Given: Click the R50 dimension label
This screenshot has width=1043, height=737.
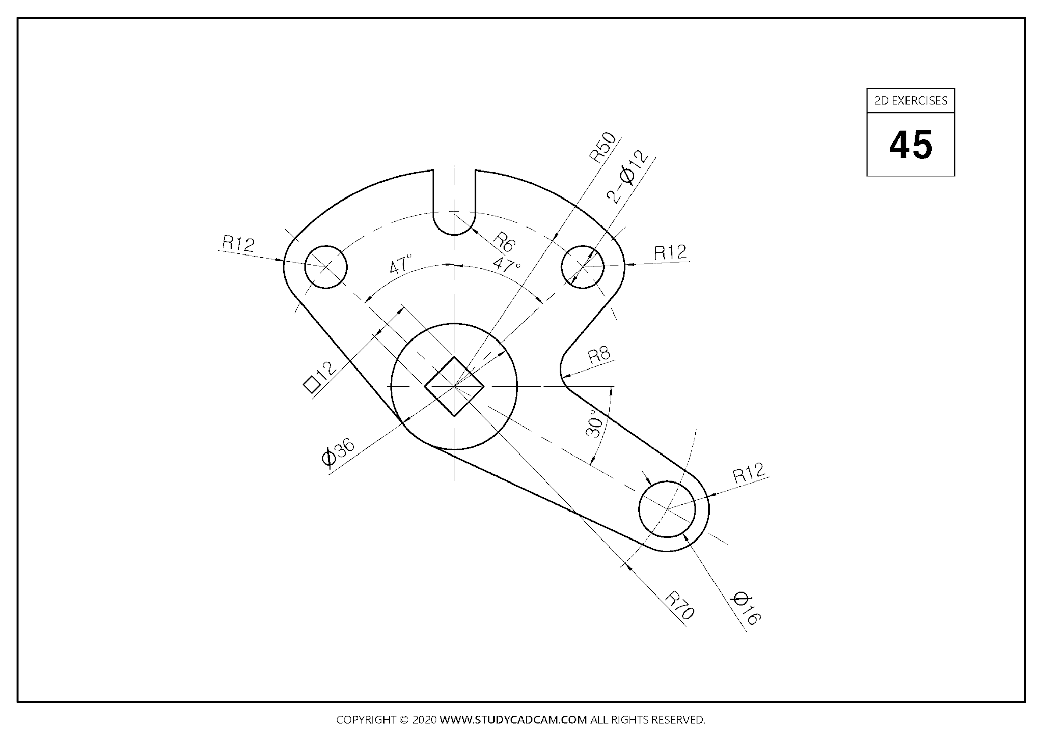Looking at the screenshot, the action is tap(602, 148).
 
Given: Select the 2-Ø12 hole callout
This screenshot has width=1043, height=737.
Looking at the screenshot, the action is tap(628, 177).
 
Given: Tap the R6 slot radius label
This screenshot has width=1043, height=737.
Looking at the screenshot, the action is tap(505, 242).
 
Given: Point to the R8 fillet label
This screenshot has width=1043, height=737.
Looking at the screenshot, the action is tap(599, 355).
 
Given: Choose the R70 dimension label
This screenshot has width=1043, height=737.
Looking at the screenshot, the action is tap(680, 605).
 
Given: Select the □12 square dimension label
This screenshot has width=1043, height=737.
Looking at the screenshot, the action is tap(320, 378).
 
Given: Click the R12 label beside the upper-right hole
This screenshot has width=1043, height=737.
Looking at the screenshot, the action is tap(670, 252).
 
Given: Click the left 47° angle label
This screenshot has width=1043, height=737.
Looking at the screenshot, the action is tap(401, 265).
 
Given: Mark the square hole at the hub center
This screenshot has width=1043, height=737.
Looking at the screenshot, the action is tap(454, 387).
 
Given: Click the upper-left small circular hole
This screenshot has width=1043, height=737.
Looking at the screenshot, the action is tap(326, 267).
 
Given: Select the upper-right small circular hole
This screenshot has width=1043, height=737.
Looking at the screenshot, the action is tap(583, 266).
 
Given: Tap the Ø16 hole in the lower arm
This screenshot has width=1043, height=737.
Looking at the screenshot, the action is tap(667, 509).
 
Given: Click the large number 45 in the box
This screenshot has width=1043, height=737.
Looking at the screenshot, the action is tap(911, 145).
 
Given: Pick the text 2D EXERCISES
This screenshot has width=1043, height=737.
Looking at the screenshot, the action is tap(911, 101).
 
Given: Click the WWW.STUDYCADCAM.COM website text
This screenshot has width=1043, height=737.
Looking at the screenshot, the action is tap(513, 720).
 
